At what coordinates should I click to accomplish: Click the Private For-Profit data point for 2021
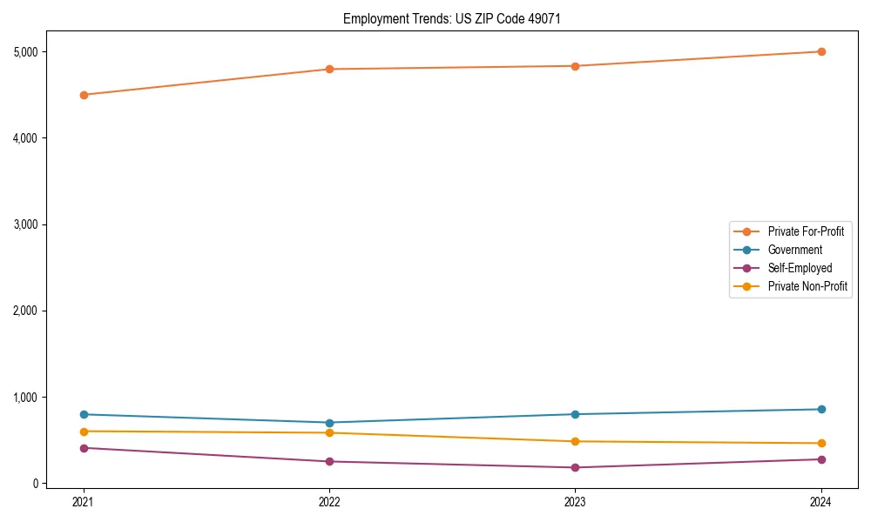click(x=84, y=95)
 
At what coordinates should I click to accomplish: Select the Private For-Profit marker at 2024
click(x=821, y=51)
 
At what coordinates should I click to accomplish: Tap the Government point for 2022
click(x=329, y=423)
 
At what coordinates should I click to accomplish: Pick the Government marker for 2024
click(x=821, y=409)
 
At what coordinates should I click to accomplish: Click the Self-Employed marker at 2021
click(x=84, y=448)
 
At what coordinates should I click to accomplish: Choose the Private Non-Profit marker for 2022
click(x=329, y=432)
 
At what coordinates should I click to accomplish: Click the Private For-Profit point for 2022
click(x=329, y=69)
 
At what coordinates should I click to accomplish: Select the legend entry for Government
click(x=794, y=250)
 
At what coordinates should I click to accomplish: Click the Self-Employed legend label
click(x=800, y=268)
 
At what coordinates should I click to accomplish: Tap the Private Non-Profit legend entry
click(x=807, y=286)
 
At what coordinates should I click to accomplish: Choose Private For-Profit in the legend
click(x=806, y=231)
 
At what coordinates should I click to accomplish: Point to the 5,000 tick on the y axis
click(x=26, y=52)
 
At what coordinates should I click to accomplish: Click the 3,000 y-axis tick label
click(x=26, y=224)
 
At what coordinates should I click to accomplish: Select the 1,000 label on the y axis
click(x=26, y=398)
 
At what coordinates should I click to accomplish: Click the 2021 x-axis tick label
click(x=84, y=501)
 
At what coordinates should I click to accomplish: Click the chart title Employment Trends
click(x=396, y=19)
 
